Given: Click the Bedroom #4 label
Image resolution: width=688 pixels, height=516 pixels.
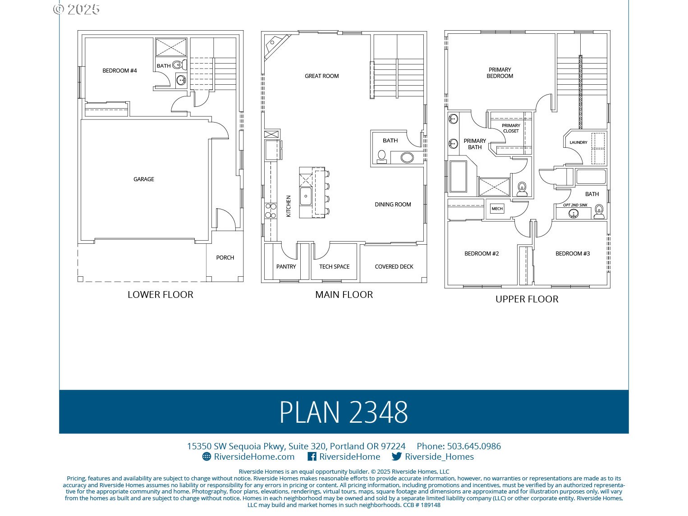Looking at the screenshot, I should tap(119, 71).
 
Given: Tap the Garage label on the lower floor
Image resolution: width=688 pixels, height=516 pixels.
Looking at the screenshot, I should tap(144, 179).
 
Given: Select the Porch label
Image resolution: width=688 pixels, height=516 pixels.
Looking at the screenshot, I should tap(225, 258).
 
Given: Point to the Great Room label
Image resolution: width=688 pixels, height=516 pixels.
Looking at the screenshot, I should tap(321, 76).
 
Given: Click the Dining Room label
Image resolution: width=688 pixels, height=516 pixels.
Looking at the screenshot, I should tap(393, 205).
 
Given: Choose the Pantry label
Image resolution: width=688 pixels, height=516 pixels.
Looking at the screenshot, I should tap(286, 267).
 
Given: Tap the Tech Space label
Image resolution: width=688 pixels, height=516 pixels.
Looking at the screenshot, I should tap(334, 267).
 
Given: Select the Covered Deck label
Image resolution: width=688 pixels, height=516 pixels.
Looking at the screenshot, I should tap(394, 267).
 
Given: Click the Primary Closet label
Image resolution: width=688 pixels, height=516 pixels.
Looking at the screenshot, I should tap(511, 128).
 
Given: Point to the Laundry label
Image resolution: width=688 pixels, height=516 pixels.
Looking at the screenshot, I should tap(578, 142).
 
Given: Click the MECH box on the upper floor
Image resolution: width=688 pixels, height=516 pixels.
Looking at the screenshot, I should tap(497, 209).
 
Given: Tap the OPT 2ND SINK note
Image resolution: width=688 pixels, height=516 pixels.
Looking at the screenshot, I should tap(575, 205).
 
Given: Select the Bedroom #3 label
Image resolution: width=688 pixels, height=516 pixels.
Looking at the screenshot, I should tap(573, 254).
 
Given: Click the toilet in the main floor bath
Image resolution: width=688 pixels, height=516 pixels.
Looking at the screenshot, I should tap(382, 156).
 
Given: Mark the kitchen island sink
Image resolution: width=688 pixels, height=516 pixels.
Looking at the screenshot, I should tap(306, 196).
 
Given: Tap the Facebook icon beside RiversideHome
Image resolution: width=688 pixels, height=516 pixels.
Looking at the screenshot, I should tap(312, 457).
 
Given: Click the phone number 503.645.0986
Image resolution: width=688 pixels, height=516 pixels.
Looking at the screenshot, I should tap(474, 446).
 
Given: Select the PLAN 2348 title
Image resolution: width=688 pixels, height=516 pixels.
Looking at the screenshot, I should tap(344, 412).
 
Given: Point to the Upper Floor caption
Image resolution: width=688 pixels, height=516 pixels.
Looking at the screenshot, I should tap(527, 299).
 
